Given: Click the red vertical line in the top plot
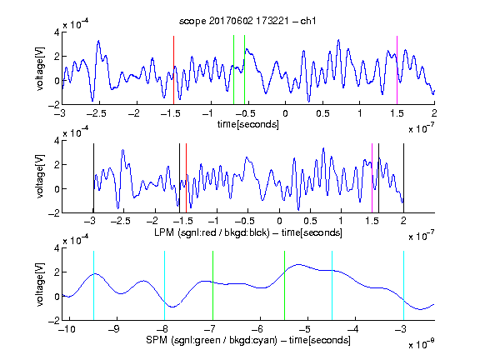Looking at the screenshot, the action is [173, 70].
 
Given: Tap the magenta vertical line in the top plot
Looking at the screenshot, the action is [397, 70].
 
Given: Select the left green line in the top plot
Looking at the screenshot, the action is [233, 70].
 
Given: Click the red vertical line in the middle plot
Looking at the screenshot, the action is [186, 178].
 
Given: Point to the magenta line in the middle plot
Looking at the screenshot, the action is [372, 178].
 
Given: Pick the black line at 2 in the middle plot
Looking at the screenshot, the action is [403, 178].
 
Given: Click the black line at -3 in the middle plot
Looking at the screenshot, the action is [93, 178].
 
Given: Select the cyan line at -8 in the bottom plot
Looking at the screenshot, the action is [164, 286].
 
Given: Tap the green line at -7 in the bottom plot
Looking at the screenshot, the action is [212, 286].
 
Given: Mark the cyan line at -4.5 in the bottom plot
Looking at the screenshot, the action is [332, 286].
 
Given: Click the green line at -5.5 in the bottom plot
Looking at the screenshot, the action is [284, 286].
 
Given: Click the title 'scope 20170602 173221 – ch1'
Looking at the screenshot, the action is [247, 21].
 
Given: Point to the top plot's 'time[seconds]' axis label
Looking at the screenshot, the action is [248, 124].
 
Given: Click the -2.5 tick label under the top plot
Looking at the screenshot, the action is [96, 113].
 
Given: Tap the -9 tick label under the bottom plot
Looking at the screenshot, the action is [114, 329].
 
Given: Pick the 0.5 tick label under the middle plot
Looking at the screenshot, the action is [310, 221].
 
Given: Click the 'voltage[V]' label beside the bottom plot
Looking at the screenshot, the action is [40, 284].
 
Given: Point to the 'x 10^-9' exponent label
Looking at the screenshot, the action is [421, 344].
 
